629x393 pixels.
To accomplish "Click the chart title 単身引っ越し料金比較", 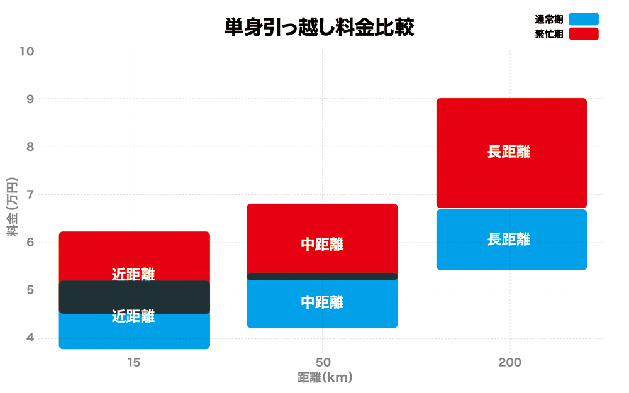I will click(x=319, y=28).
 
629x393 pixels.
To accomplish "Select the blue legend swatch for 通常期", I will click(x=583, y=19).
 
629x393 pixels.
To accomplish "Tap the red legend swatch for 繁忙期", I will click(x=583, y=34).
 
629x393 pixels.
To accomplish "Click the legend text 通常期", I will click(x=548, y=19).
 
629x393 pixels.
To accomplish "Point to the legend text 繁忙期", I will click(x=548, y=34).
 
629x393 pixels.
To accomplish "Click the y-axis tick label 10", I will click(x=26, y=51).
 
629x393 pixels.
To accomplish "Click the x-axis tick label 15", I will click(x=133, y=362).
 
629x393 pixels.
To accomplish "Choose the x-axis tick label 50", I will click(x=322, y=362).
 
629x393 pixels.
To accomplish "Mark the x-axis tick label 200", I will click(x=509, y=362).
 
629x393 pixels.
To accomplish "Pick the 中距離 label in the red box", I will click(x=322, y=245).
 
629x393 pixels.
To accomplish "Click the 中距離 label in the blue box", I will click(x=322, y=302).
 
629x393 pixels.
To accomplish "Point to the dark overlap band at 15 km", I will click(x=134, y=297).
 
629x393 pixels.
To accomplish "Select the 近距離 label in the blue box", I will click(x=133, y=317).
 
